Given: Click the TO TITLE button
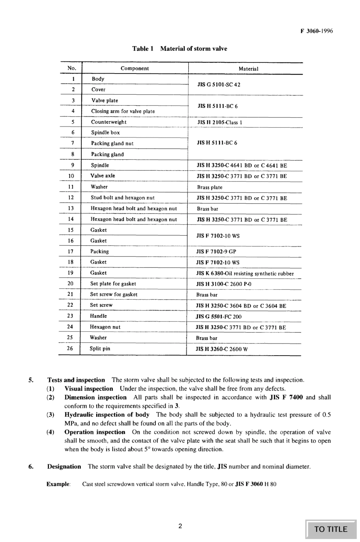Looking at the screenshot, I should (x=331, y=529).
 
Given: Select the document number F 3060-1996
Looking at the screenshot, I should (x=317, y=31).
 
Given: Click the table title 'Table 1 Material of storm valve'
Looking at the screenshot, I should (x=180, y=48).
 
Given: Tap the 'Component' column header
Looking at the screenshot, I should (x=135, y=69).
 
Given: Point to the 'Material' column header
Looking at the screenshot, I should (x=248, y=69).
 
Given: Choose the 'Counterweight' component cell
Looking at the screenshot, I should (x=109, y=122).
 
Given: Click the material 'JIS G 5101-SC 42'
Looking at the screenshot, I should (x=219, y=84).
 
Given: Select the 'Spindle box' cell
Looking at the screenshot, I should (x=105, y=133).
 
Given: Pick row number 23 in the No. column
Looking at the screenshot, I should (x=70, y=316).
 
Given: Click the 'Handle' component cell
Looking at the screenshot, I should (x=99, y=316).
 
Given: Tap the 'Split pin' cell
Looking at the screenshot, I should (x=100, y=348).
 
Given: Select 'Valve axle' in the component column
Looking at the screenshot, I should (x=103, y=176).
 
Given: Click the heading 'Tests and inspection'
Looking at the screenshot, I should (x=76, y=380).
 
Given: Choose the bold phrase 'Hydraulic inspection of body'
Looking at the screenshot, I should (x=107, y=415).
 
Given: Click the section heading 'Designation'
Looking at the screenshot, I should (x=64, y=467).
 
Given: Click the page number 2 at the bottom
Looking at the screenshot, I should (x=180, y=526).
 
